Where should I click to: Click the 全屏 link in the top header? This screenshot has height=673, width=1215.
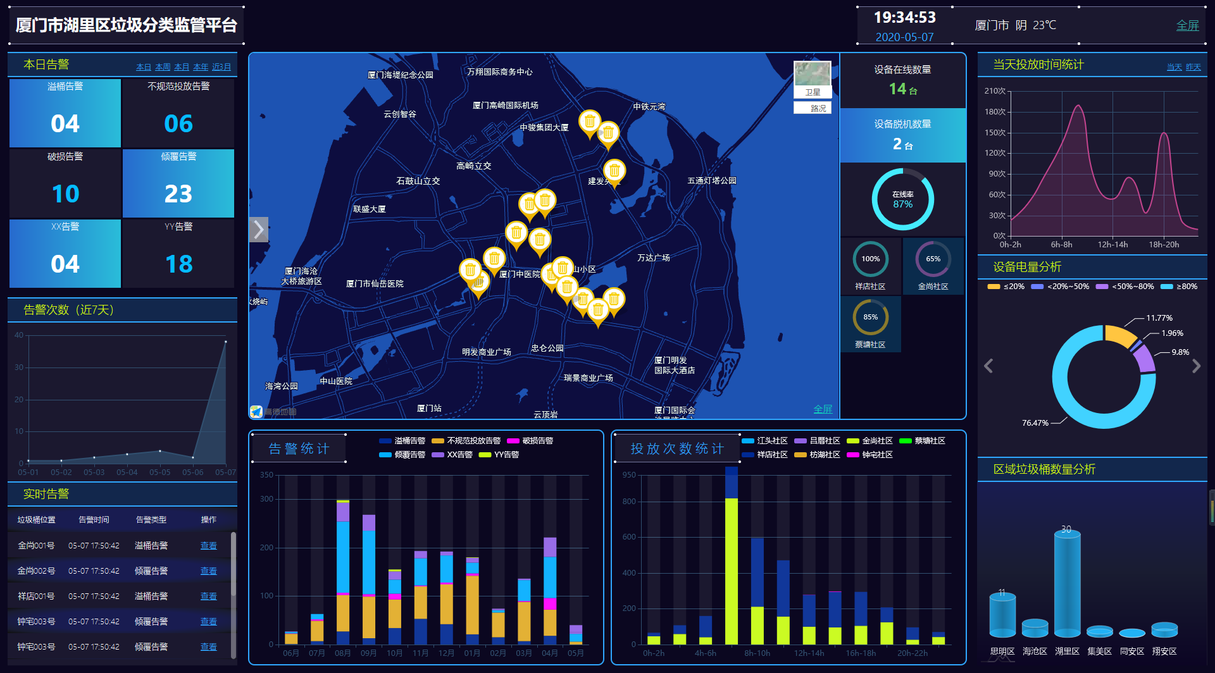1187,25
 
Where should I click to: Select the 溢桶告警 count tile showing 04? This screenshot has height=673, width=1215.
65,113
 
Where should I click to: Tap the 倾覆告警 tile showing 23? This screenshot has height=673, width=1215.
178,183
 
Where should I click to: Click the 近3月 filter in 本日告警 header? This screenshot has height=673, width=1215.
221,67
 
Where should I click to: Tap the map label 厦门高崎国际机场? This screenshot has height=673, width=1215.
505,106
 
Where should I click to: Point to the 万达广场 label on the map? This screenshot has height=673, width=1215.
653,257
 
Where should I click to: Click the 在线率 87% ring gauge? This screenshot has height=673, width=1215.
902,199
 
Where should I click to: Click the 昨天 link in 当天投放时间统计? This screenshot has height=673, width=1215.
1193,67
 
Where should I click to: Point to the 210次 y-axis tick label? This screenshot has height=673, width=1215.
994,91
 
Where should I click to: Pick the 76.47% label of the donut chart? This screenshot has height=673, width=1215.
1035,423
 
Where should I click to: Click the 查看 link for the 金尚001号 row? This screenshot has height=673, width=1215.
208,546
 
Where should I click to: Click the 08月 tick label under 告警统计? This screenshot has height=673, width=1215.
342,653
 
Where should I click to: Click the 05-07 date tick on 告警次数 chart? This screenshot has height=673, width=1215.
225,472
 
